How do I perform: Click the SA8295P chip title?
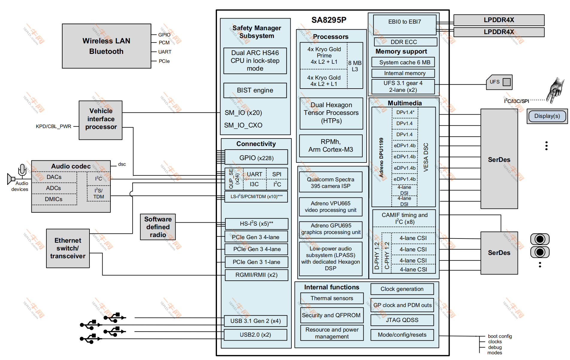(329, 20)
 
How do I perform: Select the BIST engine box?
(255, 90)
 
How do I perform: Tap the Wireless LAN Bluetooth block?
(106, 46)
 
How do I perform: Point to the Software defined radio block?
(158, 227)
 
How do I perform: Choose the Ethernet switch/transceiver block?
(68, 248)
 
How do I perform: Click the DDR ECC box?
(404, 42)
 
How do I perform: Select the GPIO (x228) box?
(256, 158)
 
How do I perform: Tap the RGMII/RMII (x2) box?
(256, 275)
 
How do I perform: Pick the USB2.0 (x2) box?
(255, 335)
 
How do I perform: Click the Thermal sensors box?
(332, 298)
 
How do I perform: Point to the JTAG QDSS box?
(402, 320)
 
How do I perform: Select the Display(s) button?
(547, 116)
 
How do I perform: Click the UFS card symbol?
(499, 82)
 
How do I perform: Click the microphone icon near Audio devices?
(22, 170)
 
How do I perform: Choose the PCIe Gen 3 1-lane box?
(256, 262)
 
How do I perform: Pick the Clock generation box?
(402, 289)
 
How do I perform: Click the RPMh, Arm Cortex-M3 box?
(331, 146)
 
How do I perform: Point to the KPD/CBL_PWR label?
(54, 127)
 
